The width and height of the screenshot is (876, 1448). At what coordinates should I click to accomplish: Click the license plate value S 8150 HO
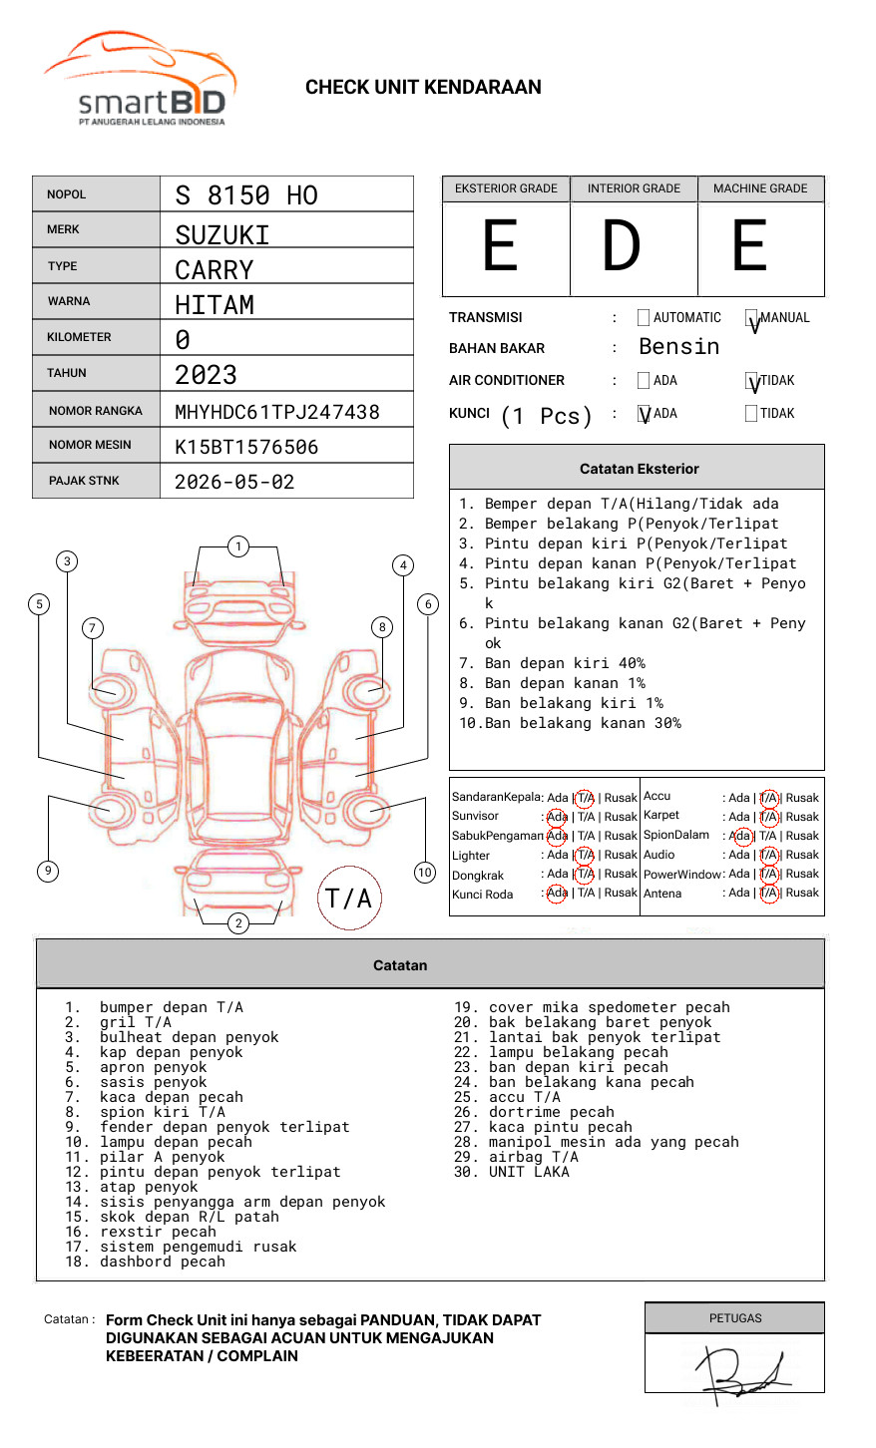click(x=245, y=194)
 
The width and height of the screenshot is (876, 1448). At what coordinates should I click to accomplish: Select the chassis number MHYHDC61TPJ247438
click(x=276, y=412)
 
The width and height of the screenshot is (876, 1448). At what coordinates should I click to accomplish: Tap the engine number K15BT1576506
click(x=246, y=447)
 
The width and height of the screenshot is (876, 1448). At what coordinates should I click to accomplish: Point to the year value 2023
click(x=206, y=375)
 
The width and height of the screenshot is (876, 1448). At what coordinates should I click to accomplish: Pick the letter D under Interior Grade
click(x=621, y=246)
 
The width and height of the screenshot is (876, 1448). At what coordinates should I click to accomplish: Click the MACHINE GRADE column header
click(x=760, y=188)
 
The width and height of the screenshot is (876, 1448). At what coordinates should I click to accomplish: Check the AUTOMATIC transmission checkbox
click(x=644, y=318)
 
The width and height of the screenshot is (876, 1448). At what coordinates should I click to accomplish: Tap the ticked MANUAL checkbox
click(x=752, y=319)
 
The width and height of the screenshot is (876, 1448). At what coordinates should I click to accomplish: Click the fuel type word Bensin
click(x=678, y=347)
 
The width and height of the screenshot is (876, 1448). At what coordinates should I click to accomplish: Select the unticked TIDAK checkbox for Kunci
click(x=751, y=414)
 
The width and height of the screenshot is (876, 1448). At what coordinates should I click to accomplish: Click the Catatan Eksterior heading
click(x=639, y=469)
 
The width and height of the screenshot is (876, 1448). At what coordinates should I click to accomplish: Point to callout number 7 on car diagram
click(x=92, y=627)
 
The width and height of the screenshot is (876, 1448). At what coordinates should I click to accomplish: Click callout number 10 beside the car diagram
click(x=425, y=873)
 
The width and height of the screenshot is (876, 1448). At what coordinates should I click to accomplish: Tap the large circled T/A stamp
click(x=348, y=899)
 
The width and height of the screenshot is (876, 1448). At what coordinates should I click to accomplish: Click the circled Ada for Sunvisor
click(x=557, y=817)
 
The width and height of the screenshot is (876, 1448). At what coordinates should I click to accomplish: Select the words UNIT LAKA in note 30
click(x=529, y=1172)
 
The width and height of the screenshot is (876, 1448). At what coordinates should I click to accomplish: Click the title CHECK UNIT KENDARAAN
click(x=423, y=88)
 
